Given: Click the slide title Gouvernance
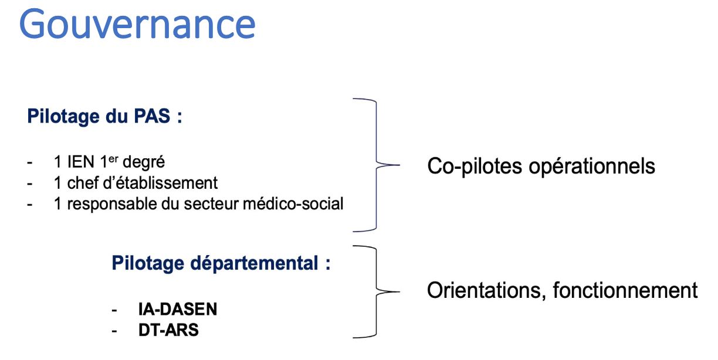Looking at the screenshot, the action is [x=137, y=24].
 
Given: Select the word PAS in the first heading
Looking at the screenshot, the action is [x=152, y=116].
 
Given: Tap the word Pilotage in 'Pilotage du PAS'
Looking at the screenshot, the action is [x=63, y=117].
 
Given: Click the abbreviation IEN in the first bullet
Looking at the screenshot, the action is [x=80, y=162].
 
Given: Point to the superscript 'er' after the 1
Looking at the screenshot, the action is [x=113, y=159].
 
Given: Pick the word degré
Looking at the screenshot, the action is [x=144, y=162].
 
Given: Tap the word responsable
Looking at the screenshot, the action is [x=112, y=205].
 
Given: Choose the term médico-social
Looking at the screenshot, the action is [x=293, y=203].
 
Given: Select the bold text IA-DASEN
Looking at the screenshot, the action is [x=178, y=310].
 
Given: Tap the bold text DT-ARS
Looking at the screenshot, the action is [x=168, y=330].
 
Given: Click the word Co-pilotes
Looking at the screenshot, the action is [x=475, y=167].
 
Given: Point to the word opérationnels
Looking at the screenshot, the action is [x=592, y=167].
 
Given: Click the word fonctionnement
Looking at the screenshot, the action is [x=625, y=290].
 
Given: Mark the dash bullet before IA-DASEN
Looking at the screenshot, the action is [x=114, y=310].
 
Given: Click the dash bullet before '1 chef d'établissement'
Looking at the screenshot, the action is [x=30, y=184].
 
